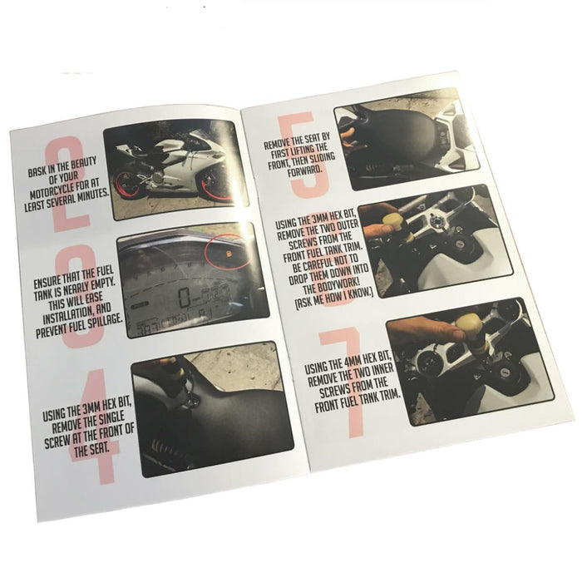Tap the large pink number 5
(303, 155)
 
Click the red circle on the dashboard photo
(227, 251)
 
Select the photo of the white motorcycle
(175, 170)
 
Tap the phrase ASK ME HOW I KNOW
(333, 298)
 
